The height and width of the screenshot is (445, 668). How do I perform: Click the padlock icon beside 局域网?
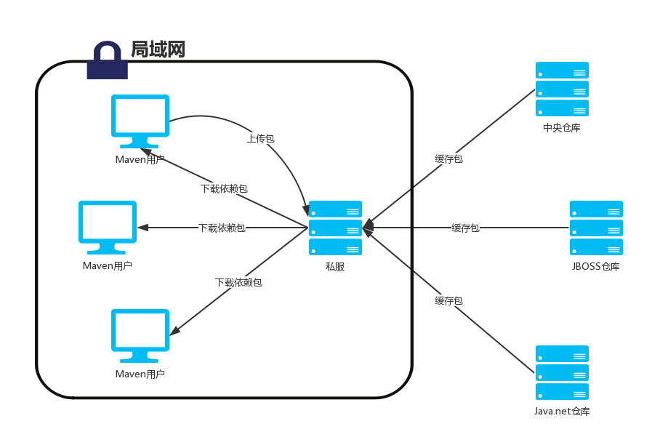[x=108, y=60]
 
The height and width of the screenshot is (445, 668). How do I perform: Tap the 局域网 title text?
[x=158, y=49]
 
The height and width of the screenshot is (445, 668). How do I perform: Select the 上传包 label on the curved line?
[x=260, y=138]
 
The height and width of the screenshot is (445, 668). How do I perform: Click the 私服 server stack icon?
[x=335, y=228]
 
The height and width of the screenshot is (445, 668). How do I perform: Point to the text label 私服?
[x=335, y=267]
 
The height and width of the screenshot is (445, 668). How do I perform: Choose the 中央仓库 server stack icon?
[x=562, y=89]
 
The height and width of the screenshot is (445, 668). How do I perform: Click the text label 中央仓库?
[x=562, y=128]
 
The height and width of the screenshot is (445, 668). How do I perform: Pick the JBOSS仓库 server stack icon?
[x=596, y=228]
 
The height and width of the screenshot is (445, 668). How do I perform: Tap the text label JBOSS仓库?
[x=596, y=267]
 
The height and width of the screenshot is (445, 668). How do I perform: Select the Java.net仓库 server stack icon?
[x=562, y=372]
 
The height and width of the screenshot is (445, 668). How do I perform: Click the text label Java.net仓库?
[x=562, y=412]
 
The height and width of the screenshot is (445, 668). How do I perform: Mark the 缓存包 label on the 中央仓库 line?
[x=448, y=159]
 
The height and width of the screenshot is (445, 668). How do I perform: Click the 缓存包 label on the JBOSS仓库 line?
[x=465, y=228]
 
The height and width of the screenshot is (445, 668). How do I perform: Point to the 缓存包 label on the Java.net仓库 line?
[x=448, y=300]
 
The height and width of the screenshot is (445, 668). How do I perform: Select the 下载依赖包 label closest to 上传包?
[x=224, y=188]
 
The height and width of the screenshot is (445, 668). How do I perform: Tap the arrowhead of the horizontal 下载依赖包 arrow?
[x=142, y=228]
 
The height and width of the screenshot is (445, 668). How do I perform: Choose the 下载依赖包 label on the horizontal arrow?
[x=222, y=228]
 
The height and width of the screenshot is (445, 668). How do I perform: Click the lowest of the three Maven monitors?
[x=140, y=335]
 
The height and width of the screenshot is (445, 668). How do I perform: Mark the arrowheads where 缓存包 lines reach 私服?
[x=369, y=228]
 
